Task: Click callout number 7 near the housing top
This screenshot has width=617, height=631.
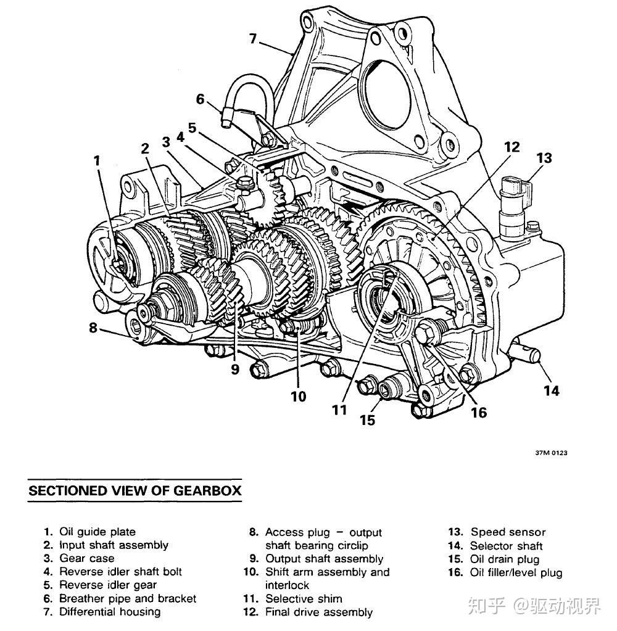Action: pyautogui.click(x=253, y=39)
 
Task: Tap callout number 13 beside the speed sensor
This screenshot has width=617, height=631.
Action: pyautogui.click(x=544, y=158)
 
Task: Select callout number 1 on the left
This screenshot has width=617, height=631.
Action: pyautogui.click(x=97, y=160)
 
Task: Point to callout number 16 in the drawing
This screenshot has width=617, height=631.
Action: pyautogui.click(x=479, y=413)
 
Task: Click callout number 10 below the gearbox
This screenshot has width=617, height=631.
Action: pyautogui.click(x=298, y=397)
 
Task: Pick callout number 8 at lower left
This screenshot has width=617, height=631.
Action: pyautogui.click(x=93, y=328)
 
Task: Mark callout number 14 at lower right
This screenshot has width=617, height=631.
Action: pyautogui.click(x=552, y=390)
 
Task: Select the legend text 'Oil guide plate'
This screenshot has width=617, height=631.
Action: pyautogui.click(x=97, y=532)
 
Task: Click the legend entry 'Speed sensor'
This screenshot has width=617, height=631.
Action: pyautogui.click(x=508, y=532)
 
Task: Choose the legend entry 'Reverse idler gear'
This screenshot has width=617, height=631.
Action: pyautogui.click(x=108, y=585)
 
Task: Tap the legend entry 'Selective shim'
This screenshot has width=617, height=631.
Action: pyautogui.click(x=304, y=598)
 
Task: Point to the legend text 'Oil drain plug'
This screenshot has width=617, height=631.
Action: pyautogui.click(x=505, y=559)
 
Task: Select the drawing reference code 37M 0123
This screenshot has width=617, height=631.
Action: pyautogui.click(x=551, y=453)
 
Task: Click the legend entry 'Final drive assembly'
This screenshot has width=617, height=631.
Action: pyautogui.click(x=319, y=612)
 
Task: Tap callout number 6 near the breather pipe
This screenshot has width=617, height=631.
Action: pyautogui.click(x=200, y=99)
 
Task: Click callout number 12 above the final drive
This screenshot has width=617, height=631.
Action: pyautogui.click(x=512, y=147)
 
